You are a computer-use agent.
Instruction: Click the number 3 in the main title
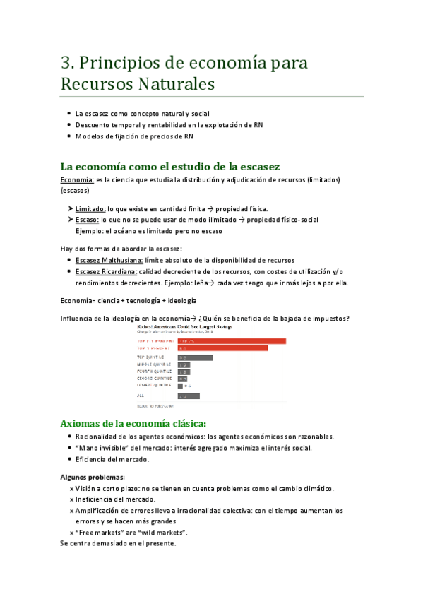pyautogui.click(x=66, y=63)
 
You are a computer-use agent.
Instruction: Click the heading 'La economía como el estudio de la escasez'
pyautogui.click(x=170, y=167)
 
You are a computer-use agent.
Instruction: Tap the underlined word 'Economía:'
pyautogui.click(x=78, y=180)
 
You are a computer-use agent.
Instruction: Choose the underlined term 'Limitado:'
pyautogui.click(x=90, y=209)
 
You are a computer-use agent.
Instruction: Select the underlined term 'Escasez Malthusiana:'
pyautogui.click(x=109, y=260)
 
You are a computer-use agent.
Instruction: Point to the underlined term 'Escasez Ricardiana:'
pyautogui.click(x=106, y=271)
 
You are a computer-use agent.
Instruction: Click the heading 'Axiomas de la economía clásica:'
pyautogui.click(x=133, y=423)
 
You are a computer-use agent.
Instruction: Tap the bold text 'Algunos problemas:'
pyautogui.click(x=93, y=477)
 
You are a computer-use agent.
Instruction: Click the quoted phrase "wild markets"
pyautogui.click(x=168, y=532)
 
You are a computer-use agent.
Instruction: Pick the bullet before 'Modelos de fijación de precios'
pyautogui.click(x=68, y=136)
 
